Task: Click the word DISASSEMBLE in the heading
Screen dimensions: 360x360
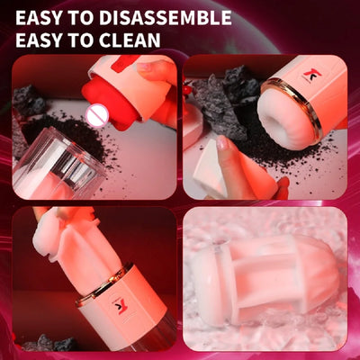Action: pos(166,18)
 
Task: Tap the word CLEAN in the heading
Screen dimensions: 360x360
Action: pos(130,40)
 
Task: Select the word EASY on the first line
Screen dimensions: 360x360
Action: pos(39,18)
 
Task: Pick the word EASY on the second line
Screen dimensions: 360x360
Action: pos(39,40)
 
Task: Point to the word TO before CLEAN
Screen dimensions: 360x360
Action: pos(80,40)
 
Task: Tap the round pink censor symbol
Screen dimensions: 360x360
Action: pos(96,114)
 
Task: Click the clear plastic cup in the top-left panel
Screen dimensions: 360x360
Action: pos(57,162)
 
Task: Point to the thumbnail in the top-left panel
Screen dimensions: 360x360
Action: pos(145,67)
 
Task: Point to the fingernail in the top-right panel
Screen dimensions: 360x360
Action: pos(222,142)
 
